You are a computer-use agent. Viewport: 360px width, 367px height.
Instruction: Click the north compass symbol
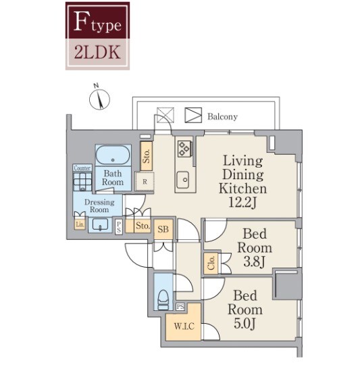pyautogui.click(x=99, y=99)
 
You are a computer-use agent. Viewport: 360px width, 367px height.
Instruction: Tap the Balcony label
pyautogui.click(x=222, y=116)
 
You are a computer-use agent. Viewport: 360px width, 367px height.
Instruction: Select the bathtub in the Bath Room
pyautogui.click(x=113, y=155)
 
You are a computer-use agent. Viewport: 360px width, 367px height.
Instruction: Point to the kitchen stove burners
pyautogui.click(x=184, y=149)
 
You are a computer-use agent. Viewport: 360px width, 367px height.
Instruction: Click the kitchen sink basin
pyautogui.click(x=182, y=180)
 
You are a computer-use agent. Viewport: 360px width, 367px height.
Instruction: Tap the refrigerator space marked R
pyautogui.click(x=145, y=182)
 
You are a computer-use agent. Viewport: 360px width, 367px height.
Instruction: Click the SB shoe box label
pyautogui.click(x=163, y=229)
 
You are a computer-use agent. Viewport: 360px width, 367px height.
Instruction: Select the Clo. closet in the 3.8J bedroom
pyautogui.click(x=211, y=263)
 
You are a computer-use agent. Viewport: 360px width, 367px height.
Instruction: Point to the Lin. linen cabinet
pyautogui.click(x=80, y=224)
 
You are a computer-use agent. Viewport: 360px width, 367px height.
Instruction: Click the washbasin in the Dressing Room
pyautogui.click(x=100, y=224)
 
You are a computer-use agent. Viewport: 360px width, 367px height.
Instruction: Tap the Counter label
pyautogui.click(x=82, y=168)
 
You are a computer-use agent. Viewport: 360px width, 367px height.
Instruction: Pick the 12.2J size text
pyautogui.click(x=242, y=202)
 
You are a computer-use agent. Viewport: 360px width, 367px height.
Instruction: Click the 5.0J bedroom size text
pyautogui.click(x=245, y=324)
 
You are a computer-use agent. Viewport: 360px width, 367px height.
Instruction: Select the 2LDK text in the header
pyautogui.click(x=97, y=52)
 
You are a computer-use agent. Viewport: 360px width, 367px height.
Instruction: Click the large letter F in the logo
pyautogui.click(x=82, y=21)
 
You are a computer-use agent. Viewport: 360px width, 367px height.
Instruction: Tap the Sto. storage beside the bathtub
pyautogui.click(x=146, y=156)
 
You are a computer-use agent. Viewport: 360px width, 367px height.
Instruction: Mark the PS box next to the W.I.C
pyautogui.click(x=180, y=307)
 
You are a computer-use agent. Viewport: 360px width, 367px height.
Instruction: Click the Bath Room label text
pyautogui.click(x=113, y=178)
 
